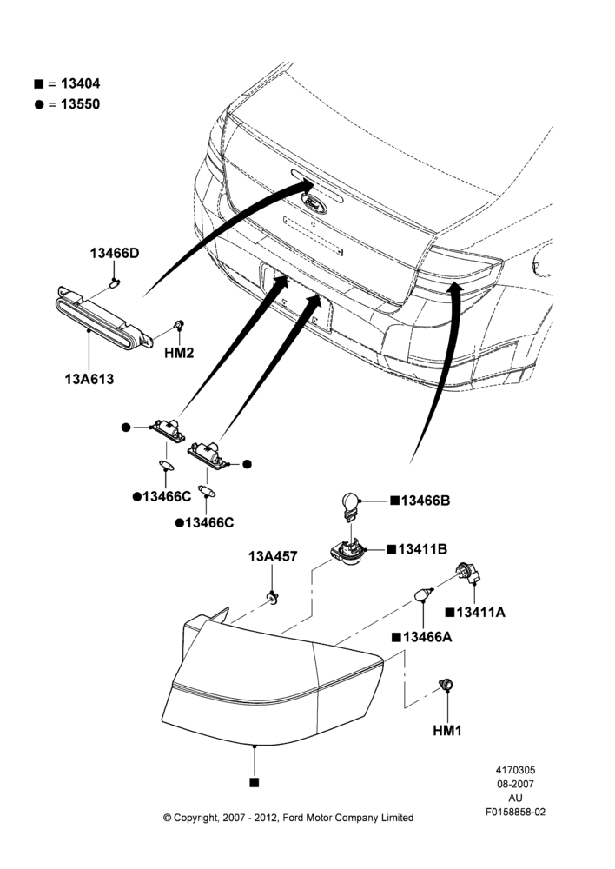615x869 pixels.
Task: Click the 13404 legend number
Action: (80, 83)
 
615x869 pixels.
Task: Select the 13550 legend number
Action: (80, 104)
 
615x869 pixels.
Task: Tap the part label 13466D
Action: (115, 253)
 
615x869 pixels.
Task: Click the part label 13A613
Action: (89, 379)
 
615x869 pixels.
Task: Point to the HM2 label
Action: (179, 353)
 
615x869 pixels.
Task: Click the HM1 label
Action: (447, 731)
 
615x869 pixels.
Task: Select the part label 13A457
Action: (273, 556)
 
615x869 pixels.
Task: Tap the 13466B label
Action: (426, 501)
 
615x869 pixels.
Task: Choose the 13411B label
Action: (423, 549)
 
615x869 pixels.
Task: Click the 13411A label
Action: (481, 613)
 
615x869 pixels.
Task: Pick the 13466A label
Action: (427, 637)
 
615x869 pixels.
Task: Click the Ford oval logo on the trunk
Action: (314, 204)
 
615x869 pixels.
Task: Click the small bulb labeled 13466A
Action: (424, 594)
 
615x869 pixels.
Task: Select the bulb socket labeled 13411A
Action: (467, 574)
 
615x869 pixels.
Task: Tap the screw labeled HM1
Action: (446, 685)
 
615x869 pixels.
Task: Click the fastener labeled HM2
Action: (179, 324)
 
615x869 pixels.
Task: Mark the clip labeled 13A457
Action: (273, 598)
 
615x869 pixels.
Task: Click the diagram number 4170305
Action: (515, 770)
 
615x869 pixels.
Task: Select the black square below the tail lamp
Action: (255, 783)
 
